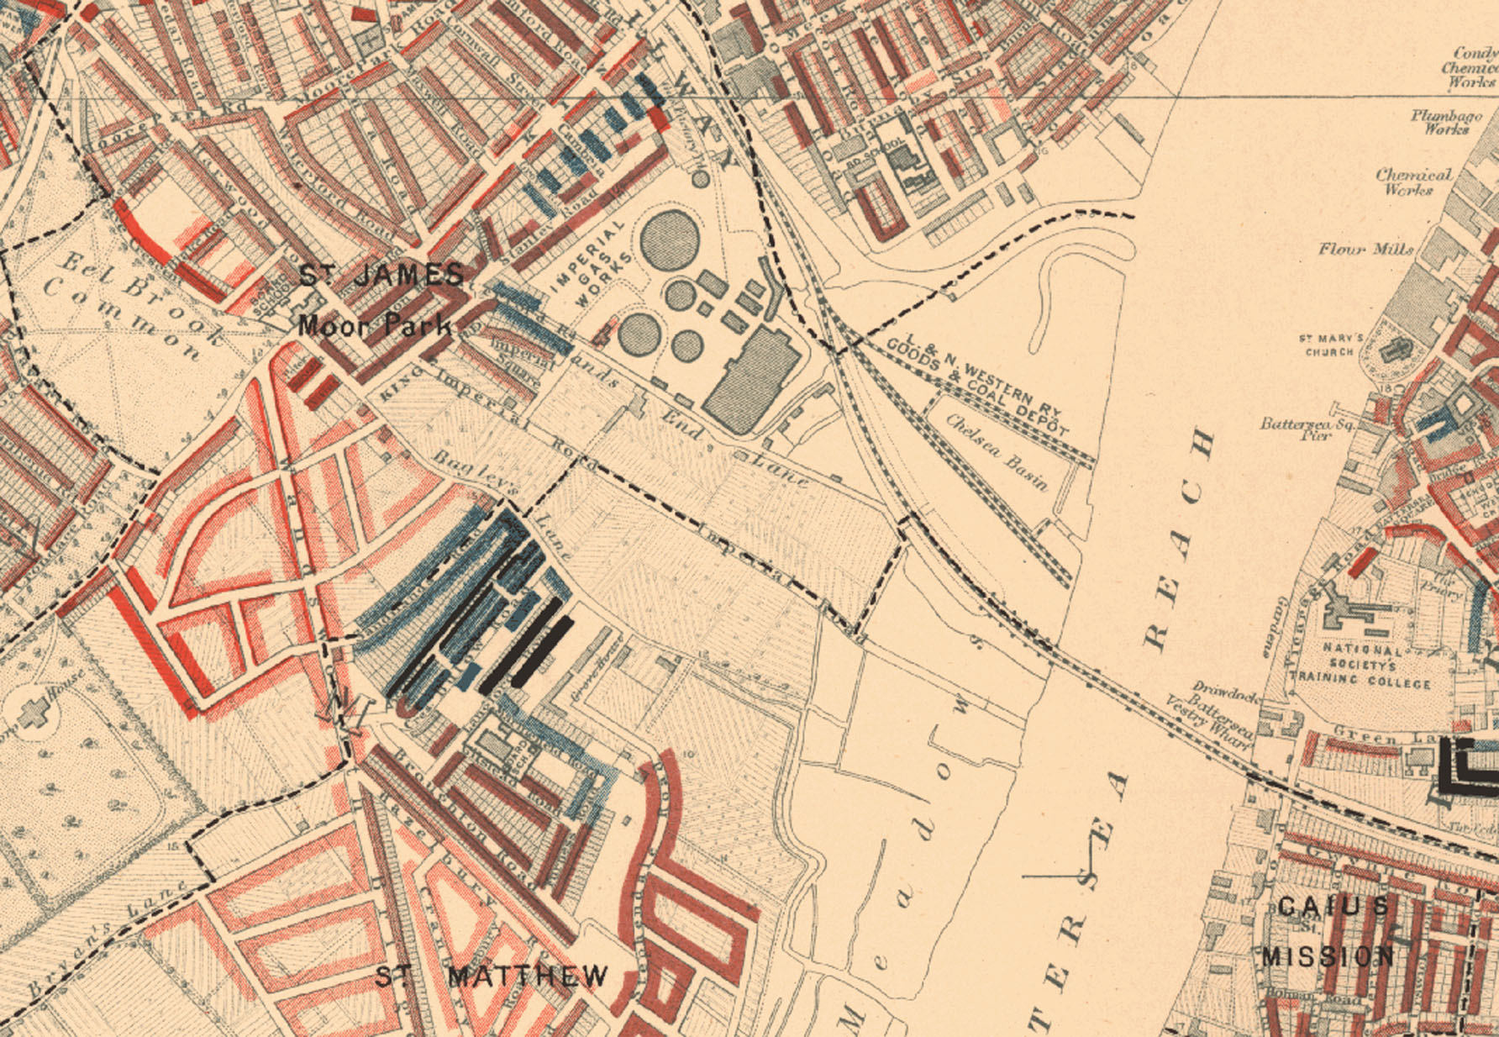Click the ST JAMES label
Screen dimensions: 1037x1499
(382, 276)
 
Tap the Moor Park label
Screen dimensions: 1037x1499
(375, 325)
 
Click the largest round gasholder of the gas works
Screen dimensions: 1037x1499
(670, 239)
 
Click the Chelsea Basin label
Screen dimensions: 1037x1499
(997, 451)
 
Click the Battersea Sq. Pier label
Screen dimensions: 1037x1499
(1306, 429)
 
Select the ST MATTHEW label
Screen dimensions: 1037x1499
(492, 976)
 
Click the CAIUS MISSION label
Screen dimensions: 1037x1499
(1329, 931)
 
